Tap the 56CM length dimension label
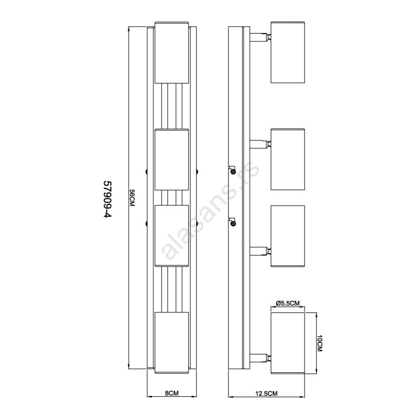click(x=132, y=198)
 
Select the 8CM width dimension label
click(x=172, y=393)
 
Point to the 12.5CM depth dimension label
click(x=266, y=393)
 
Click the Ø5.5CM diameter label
click(x=287, y=303)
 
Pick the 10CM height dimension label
click(x=320, y=343)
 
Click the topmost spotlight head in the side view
click(x=288, y=52)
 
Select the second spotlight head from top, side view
click(x=288, y=160)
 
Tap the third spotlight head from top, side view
click(x=288, y=236)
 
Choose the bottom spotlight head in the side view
click(x=288, y=343)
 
